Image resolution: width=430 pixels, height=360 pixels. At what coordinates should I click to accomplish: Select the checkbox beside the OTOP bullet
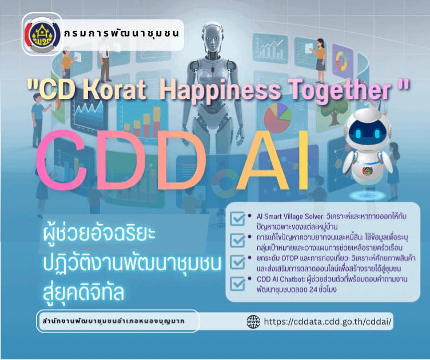237,262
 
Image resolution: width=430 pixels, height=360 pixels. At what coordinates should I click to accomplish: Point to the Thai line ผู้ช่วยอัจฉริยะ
99,235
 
